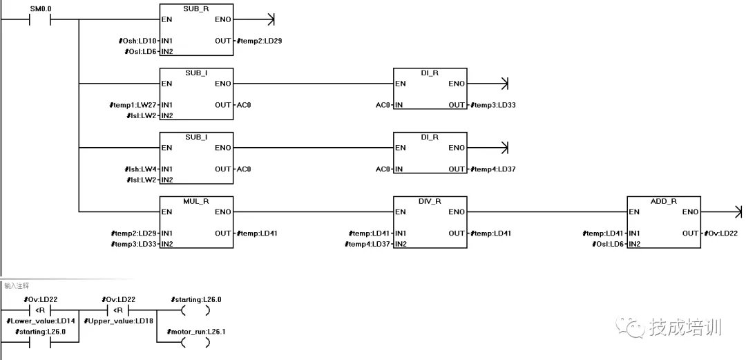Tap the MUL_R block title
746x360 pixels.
pyautogui.click(x=196, y=200)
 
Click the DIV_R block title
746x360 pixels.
pyautogui.click(x=430, y=200)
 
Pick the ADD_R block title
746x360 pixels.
pyautogui.click(x=664, y=200)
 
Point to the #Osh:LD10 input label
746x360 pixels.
pyautogui.click(x=137, y=41)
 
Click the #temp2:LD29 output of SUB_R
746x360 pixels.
pyautogui.click(x=259, y=41)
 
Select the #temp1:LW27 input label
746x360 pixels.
pyautogui.click(x=135, y=105)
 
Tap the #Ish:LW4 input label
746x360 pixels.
pyautogui.click(x=139, y=169)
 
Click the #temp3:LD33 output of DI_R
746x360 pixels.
pyautogui.click(x=493, y=105)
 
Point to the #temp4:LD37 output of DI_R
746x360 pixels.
pyautogui.click(x=493, y=169)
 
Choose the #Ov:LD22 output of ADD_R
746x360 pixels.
pyautogui.click(x=720, y=233)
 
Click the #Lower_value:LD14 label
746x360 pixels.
pyautogui.click(x=41, y=321)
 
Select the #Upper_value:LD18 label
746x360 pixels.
pyautogui.click(x=118, y=321)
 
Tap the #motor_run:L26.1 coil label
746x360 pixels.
pyautogui.click(x=198, y=332)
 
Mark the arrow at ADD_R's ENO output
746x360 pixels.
pyautogui.click(x=738, y=211)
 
